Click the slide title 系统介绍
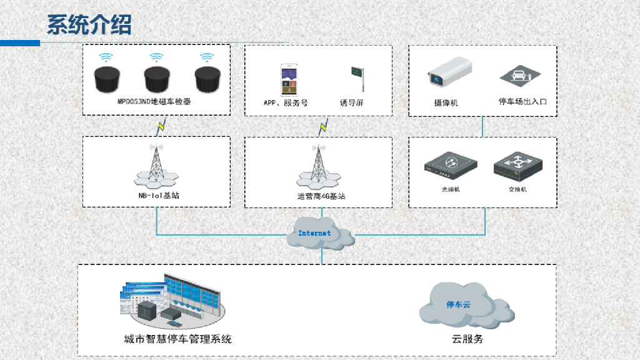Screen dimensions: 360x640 [x=89, y=25]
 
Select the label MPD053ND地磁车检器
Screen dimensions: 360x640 [x=154, y=101]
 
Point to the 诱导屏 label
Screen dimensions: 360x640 [x=351, y=102]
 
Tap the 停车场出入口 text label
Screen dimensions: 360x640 [x=522, y=101]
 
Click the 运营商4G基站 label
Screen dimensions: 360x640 [x=321, y=196]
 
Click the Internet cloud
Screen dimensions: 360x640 [x=320, y=233]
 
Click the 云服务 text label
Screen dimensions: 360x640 [x=467, y=339]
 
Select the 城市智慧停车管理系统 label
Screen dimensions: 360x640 [x=177, y=339]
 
